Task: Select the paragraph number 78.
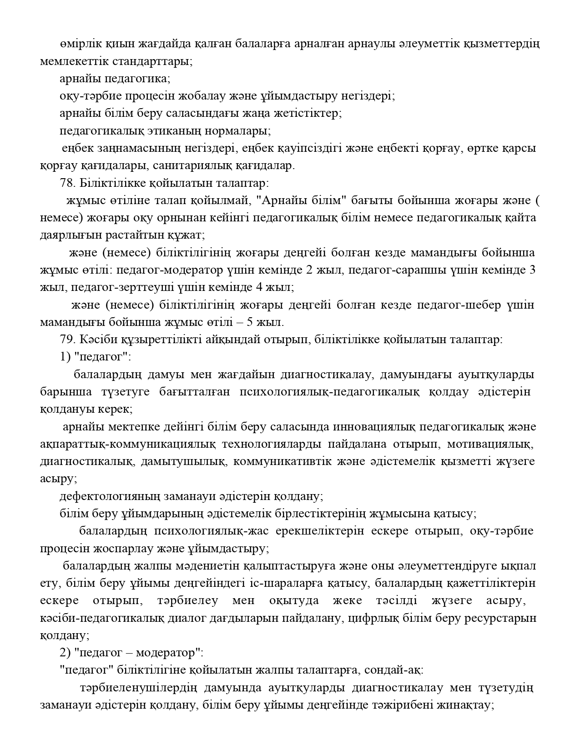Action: click(x=66, y=183)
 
